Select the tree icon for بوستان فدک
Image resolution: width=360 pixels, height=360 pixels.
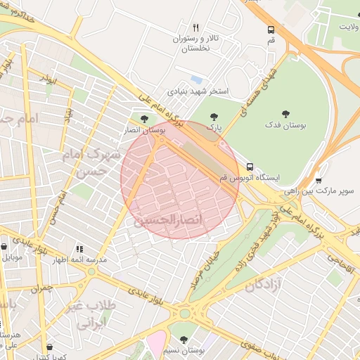tap(285, 113)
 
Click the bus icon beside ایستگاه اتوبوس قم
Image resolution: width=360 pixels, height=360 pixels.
tap(250, 167)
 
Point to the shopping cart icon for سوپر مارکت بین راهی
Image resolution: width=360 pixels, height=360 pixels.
tap(319, 180)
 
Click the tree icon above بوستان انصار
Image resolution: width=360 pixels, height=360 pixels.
tap(144, 119)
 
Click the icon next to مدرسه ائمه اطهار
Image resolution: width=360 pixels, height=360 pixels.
tap(79, 249)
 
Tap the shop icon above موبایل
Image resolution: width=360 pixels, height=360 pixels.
tap(6, 247)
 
